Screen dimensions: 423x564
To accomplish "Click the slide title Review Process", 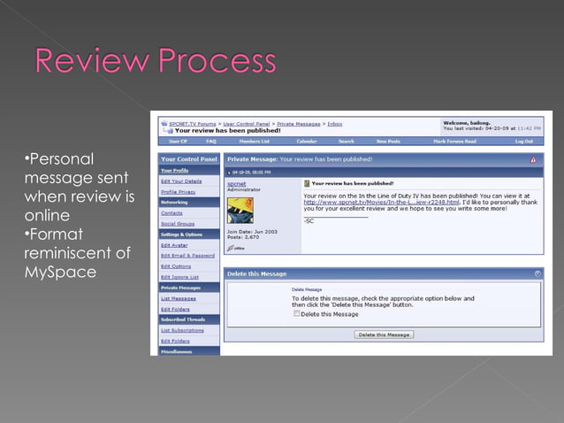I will coord(155,62).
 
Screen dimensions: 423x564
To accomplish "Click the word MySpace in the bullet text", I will coord(60,272).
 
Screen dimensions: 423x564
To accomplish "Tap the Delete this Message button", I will coord(384,335).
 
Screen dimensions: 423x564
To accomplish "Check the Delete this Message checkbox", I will coord(297,313).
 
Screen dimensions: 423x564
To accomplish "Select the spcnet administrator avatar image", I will coord(240,210).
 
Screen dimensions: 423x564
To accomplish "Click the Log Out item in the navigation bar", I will coord(524,141).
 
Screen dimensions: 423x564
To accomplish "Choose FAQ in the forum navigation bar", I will coord(211,141).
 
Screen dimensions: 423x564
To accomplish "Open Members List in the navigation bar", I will coord(254,141).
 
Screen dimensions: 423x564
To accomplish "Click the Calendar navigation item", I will coord(306,141).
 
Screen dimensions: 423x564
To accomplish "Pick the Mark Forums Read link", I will coord(454,141).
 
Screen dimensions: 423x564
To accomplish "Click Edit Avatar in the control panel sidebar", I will coord(174,244).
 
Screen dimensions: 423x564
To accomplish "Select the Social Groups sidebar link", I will coord(177,223).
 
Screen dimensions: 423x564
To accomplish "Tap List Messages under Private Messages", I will coord(178,298).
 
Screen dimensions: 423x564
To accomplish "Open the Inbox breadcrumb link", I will coord(335,124).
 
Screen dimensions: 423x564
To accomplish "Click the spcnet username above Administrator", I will coord(236,183).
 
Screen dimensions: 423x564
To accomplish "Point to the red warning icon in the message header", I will coord(533,159).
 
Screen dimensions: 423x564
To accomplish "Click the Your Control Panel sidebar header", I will coord(188,159).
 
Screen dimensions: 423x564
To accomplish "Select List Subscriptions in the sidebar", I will coord(181,330).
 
